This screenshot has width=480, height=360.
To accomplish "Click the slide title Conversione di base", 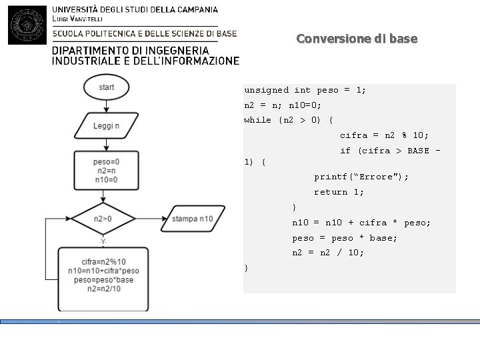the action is pyautogui.click(x=357, y=39).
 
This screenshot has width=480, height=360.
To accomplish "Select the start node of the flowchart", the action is pyautogui.click(x=107, y=87).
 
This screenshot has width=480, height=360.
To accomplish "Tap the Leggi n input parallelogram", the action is pyautogui.click(x=107, y=125).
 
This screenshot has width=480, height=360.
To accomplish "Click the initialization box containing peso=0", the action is pyautogui.click(x=107, y=170).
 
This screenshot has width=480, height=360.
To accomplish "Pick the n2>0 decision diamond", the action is pyautogui.click(x=103, y=219).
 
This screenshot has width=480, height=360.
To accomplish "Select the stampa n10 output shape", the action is pyautogui.click(x=192, y=219).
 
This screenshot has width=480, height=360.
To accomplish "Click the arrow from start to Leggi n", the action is pyautogui.click(x=107, y=106).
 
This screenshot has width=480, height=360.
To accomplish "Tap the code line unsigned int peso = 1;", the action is pyautogui.click(x=305, y=90).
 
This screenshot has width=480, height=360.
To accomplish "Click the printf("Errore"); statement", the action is pyautogui.click(x=361, y=177).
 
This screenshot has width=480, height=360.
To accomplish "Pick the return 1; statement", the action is pyautogui.click(x=339, y=193).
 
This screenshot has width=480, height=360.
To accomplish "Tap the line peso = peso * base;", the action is pyautogui.click(x=344, y=238).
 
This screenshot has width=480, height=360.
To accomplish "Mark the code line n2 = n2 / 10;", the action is pyautogui.click(x=328, y=253).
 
